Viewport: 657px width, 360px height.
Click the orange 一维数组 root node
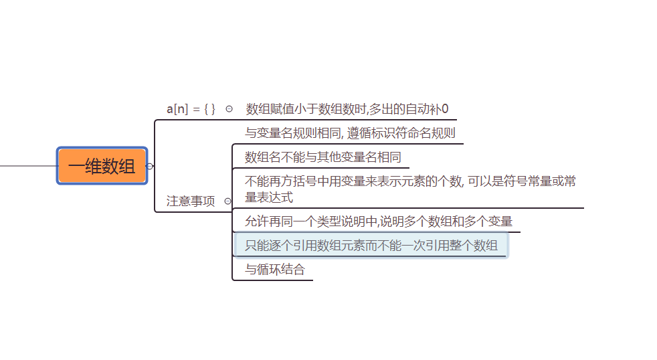[x=102, y=166]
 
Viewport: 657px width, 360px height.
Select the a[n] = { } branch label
[x=191, y=108]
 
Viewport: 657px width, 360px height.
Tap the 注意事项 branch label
[x=191, y=201]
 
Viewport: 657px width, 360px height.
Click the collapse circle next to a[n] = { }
[x=229, y=108]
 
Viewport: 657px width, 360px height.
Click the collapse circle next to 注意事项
[x=227, y=201]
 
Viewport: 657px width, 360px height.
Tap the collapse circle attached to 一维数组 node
[x=150, y=166]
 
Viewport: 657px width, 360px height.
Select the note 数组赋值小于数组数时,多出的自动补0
[x=347, y=108]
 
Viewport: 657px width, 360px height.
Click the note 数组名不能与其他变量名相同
[x=323, y=157]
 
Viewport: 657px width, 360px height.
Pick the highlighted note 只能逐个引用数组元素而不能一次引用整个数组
[x=371, y=246]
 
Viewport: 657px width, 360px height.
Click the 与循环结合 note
[x=274, y=270]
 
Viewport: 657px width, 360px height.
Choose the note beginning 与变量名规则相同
[x=350, y=132]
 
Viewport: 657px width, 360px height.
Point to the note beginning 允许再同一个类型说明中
[x=379, y=221]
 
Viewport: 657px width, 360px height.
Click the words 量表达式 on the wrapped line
[x=269, y=197]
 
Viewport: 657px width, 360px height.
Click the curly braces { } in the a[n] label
[x=210, y=108]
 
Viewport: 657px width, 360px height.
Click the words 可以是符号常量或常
[x=523, y=181]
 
